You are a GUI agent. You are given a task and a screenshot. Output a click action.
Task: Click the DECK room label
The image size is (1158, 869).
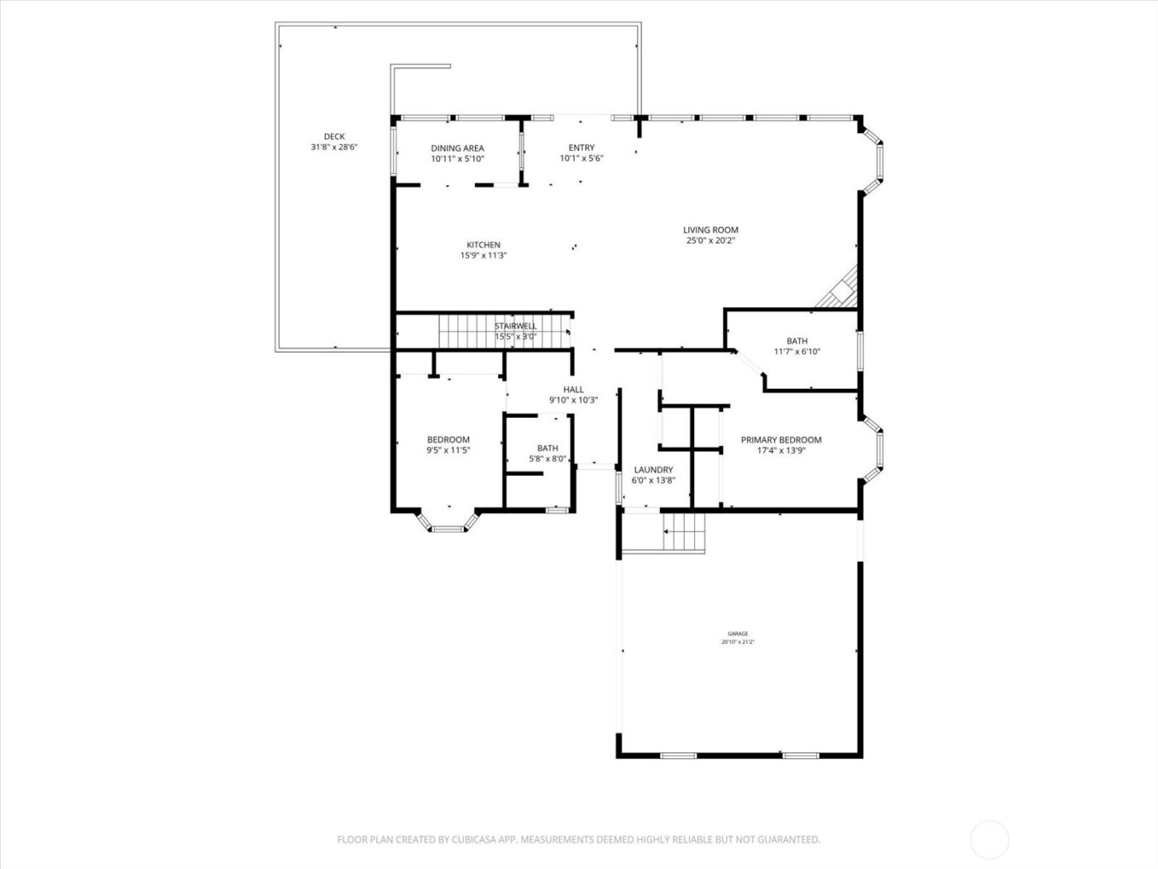334,137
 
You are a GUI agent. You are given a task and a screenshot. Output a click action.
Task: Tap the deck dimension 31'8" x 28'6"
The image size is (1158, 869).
334,147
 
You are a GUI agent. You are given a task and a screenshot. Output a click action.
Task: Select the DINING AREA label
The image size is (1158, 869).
457,148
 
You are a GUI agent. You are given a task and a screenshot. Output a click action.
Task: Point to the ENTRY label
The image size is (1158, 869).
581,148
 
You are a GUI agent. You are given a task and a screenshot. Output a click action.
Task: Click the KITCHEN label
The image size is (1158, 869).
483,245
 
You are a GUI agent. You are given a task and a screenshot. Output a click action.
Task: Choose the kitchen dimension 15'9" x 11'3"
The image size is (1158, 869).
483,256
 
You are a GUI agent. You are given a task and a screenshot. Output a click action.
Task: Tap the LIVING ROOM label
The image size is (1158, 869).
711,230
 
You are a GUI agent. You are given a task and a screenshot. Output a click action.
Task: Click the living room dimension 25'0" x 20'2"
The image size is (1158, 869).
711,241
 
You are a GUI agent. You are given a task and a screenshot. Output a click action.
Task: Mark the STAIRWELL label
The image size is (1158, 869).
515,326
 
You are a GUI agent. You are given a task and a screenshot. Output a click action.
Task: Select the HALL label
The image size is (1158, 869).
573,390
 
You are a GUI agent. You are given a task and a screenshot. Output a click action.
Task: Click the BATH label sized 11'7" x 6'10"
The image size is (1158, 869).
797,341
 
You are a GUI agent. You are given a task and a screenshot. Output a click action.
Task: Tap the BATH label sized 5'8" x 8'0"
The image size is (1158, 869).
548,449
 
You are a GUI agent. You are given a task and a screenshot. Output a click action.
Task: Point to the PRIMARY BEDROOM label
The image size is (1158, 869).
781,440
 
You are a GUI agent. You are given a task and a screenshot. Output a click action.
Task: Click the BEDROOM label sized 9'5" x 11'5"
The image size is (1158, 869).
448,440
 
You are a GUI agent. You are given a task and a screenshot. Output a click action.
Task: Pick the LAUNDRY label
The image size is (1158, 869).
653,470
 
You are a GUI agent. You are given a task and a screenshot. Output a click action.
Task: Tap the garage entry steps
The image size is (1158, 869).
683,532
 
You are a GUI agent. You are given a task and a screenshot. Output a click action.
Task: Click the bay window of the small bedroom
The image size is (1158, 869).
449,521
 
